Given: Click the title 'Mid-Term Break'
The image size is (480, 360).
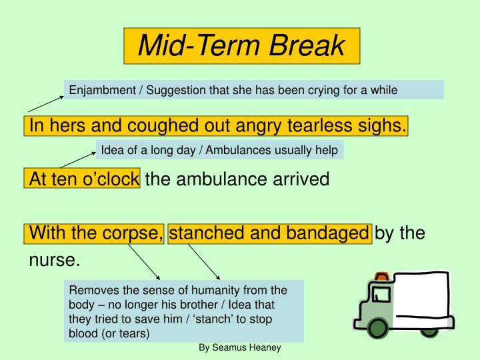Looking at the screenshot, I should click(241, 46).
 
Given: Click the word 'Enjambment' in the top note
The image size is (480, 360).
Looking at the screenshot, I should click(99, 89).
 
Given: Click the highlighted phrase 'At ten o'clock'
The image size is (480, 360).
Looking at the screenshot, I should click(83, 179).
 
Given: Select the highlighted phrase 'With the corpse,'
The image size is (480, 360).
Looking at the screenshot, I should click(95, 233).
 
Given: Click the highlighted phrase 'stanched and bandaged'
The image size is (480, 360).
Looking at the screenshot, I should click(269, 233).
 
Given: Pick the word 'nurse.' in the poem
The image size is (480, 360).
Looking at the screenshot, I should click(54, 260).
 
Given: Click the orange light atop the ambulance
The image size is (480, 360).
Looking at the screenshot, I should click(381, 275).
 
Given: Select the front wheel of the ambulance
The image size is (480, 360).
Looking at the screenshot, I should click(378, 328).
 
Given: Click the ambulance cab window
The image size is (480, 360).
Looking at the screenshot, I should click(381, 294).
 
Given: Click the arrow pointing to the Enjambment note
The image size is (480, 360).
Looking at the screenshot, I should click(45, 103).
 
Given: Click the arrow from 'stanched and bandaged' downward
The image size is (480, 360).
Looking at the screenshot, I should click(203, 261).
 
